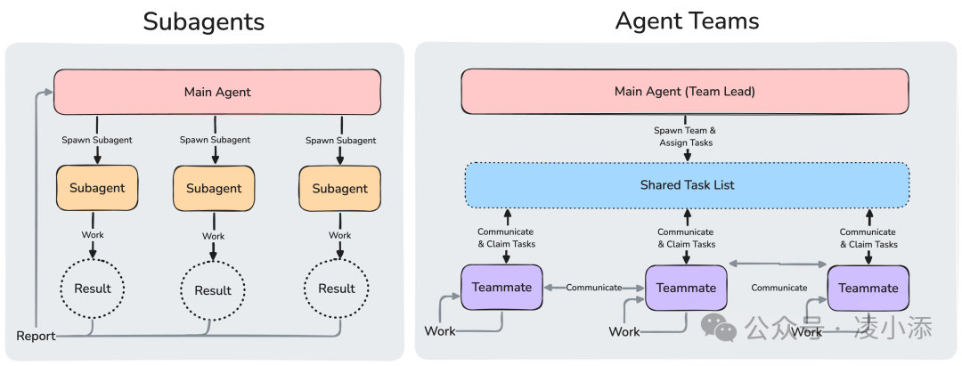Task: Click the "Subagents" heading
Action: click(203, 20)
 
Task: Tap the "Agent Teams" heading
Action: click(687, 20)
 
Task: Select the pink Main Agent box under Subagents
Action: click(217, 92)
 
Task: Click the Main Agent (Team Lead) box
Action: click(685, 92)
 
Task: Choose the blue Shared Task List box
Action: click(687, 185)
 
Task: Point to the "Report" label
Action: click(36, 336)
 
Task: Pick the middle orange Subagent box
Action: click(214, 188)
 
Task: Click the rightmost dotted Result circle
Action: click(337, 289)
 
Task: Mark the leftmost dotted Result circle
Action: click(92, 289)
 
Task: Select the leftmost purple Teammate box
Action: click(501, 288)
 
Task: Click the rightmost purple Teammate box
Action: click(868, 289)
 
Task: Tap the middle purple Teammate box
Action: click(686, 288)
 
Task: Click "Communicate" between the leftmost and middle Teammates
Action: click(594, 288)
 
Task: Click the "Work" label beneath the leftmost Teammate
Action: click(440, 331)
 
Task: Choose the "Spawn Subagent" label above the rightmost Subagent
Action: click(339, 140)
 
